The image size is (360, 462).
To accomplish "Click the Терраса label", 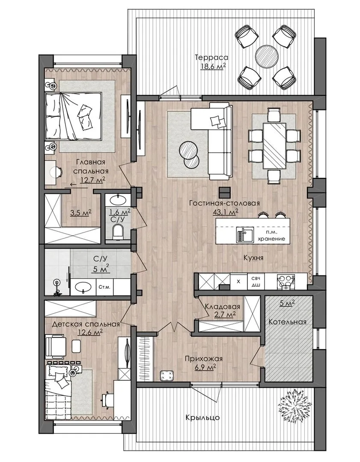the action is pos(211,57).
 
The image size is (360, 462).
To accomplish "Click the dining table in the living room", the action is pos(274,146).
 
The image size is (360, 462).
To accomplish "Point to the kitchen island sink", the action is pos(244,235).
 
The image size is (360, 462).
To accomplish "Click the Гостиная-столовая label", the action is pos(224,203).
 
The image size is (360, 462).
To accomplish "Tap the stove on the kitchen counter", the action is pos(286,282).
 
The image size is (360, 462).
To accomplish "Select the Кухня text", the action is pos(253,258).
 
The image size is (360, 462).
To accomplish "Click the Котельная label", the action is pos(287,322).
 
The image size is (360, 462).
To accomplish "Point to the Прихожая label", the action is pos(203,359).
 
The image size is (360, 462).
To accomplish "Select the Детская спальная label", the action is pos(86,324).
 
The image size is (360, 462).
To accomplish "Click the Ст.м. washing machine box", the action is pos(104,287).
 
